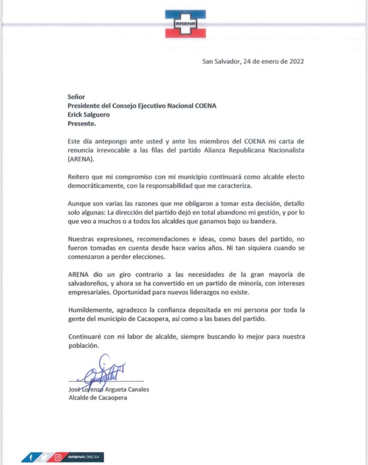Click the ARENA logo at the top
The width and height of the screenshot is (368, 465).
click(x=185, y=24)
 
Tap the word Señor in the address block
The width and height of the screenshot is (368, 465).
click(x=76, y=97)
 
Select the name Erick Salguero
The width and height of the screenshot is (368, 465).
click(x=88, y=114)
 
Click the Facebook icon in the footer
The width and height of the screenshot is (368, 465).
click(x=31, y=457)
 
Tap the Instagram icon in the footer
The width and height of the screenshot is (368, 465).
click(x=58, y=457)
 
